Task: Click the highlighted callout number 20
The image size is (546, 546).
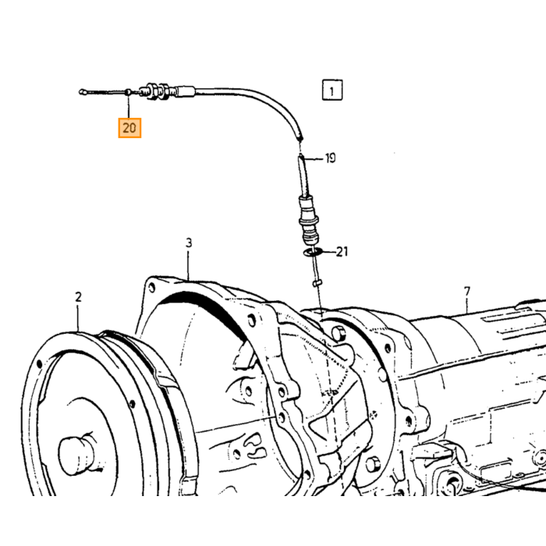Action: click(x=129, y=128)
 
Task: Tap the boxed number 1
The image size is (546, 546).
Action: click(x=331, y=90)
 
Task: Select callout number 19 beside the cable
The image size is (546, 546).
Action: click(x=331, y=158)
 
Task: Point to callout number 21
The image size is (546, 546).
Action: click(x=342, y=251)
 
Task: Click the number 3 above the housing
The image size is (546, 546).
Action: click(x=189, y=243)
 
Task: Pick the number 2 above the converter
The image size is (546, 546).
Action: click(x=78, y=297)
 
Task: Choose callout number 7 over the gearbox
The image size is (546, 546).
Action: click(x=467, y=292)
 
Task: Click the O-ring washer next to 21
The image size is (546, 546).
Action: click(x=311, y=252)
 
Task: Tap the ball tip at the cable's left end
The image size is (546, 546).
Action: click(x=82, y=92)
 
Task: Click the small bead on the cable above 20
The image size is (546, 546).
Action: click(x=128, y=92)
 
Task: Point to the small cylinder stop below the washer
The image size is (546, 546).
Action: click(x=317, y=283)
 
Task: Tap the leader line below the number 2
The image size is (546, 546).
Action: click(x=78, y=317)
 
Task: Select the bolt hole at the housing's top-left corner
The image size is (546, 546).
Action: click(x=152, y=288)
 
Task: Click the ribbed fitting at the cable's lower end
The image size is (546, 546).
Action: click(x=308, y=220)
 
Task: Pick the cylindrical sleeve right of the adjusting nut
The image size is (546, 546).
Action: click(x=186, y=91)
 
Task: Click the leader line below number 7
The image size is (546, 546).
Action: click(x=467, y=305)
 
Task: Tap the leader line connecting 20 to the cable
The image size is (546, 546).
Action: click(x=129, y=106)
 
